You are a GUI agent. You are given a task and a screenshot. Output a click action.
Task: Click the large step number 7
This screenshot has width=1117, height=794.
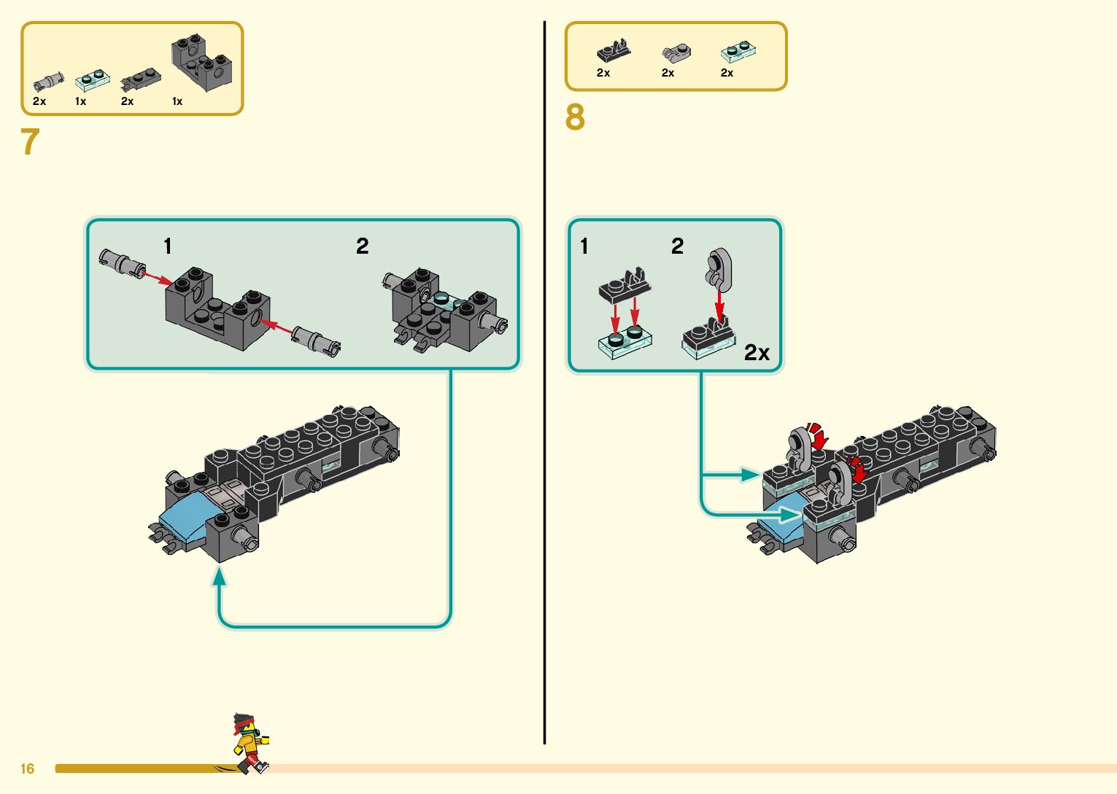coord(30,142)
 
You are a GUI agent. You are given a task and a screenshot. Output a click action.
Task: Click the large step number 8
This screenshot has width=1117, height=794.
coord(575,117)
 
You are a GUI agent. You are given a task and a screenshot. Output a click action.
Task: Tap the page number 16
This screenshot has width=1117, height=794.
coord(28,768)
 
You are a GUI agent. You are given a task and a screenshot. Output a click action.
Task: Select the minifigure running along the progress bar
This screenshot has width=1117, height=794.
coord(249,743)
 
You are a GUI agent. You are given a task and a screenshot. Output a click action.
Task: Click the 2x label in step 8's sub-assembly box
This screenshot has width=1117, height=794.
coord(757,353)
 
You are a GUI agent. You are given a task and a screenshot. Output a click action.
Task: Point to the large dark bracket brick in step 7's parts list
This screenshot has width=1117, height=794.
coord(201,63)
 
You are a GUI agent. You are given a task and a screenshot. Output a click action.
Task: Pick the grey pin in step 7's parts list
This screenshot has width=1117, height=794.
coord(48,82)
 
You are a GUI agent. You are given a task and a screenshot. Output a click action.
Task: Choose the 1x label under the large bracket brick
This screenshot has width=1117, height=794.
coord(177,101)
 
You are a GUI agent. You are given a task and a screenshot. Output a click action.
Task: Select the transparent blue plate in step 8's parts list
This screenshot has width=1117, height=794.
coord(738,52)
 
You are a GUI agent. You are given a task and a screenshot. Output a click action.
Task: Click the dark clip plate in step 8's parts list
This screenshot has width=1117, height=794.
coord(614,51)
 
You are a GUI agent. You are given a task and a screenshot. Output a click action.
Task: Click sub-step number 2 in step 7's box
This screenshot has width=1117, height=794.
coord(362,246)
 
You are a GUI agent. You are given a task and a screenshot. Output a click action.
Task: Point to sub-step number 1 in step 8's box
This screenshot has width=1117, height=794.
coord(584,246)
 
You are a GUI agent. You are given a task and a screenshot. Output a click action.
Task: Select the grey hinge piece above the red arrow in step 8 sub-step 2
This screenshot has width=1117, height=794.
coord(719,267)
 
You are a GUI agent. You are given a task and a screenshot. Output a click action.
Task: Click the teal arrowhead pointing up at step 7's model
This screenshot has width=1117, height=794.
coord(219,577)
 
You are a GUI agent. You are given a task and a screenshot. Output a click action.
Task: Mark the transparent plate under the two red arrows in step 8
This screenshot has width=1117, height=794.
coord(625,345)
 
